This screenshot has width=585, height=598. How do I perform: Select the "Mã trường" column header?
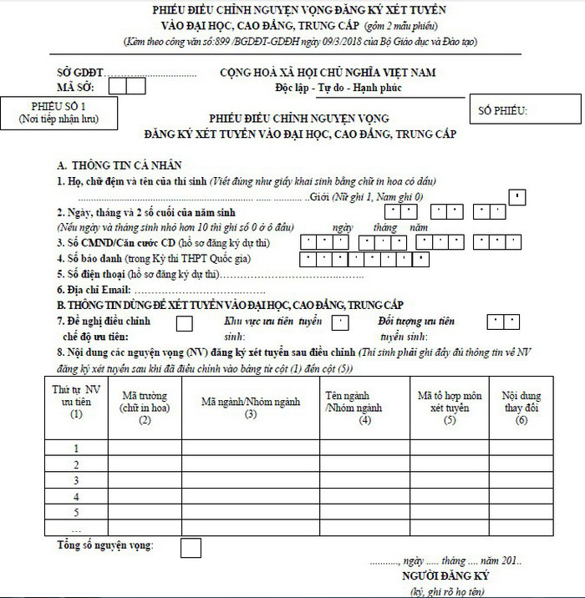click(145, 401)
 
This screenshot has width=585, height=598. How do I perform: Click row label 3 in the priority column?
click(76, 480)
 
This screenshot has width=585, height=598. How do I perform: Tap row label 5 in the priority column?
click(76, 512)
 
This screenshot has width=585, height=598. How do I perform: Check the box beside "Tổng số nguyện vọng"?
click(191, 548)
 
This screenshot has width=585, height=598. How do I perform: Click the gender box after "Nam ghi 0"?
click(518, 197)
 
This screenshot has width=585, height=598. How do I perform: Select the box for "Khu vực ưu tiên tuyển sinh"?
click(340, 322)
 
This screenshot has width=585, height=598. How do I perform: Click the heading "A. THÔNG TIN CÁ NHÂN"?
click(120, 166)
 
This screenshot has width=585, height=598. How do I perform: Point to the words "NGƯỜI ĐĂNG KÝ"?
click(445, 576)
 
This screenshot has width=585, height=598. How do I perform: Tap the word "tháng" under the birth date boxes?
click(384, 227)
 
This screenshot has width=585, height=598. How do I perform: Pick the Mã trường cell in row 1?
click(145, 448)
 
